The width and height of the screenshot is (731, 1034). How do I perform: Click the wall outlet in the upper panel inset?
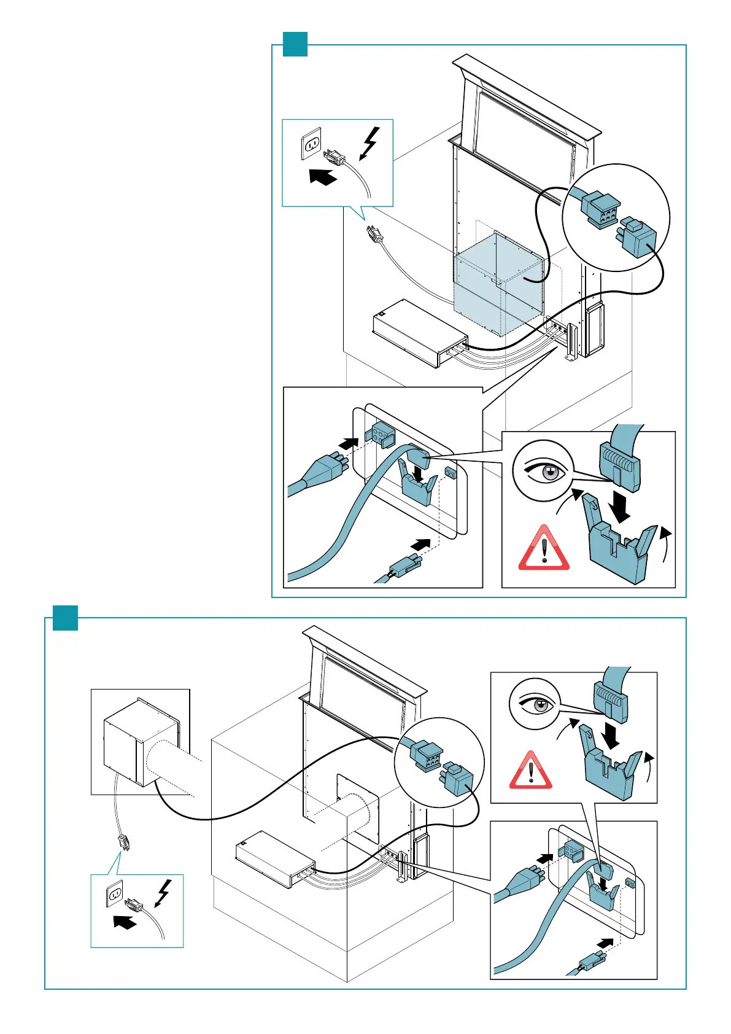click(312, 144)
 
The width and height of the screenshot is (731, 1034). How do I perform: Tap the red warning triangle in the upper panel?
click(544, 548)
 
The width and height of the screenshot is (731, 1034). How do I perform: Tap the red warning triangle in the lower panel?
click(531, 770)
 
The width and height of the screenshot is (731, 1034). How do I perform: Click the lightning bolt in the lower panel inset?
click(163, 893)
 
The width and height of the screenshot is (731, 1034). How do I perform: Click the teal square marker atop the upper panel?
click(295, 44)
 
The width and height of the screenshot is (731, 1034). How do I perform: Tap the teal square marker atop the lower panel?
click(65, 618)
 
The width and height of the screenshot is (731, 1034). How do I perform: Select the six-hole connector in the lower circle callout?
click(425, 755)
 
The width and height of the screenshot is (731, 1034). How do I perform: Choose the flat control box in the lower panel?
click(275, 858)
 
